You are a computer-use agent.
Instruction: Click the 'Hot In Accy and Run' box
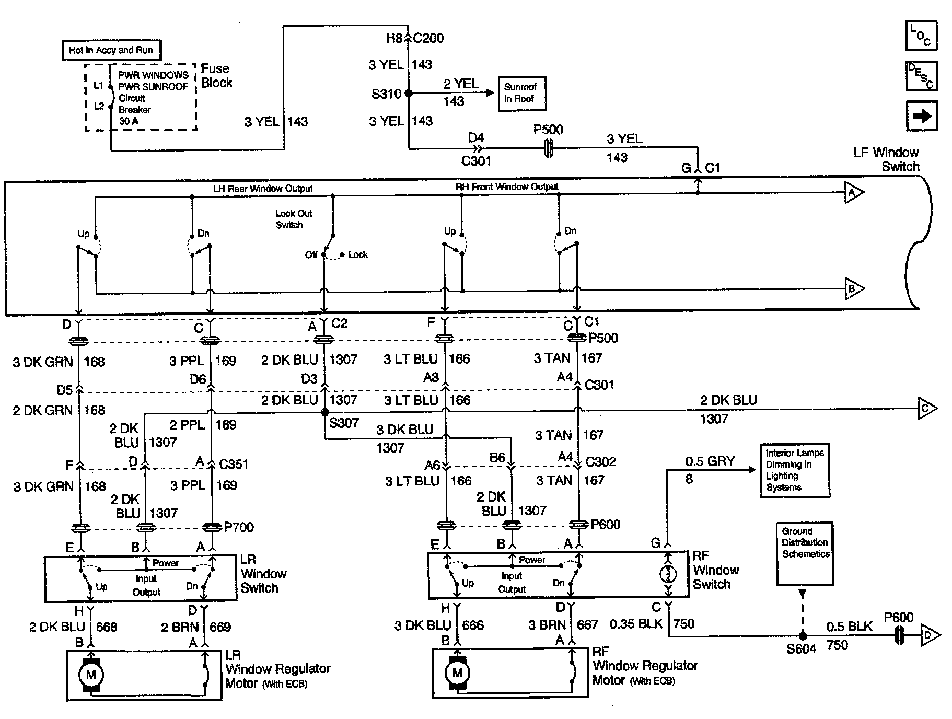tap(111, 50)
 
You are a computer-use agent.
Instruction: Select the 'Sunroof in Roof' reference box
tap(522, 93)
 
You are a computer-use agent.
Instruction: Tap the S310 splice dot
tap(409, 93)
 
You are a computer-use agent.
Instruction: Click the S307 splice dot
tap(325, 412)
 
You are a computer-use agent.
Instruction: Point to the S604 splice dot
tap(803, 636)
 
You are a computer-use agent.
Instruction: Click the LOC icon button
tap(921, 35)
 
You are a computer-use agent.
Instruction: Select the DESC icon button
tap(921, 76)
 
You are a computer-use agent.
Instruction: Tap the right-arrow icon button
tap(921, 115)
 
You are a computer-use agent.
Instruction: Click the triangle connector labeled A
tap(854, 193)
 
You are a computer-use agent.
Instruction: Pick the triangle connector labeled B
tap(854, 288)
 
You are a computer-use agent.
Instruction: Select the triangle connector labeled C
tap(927, 408)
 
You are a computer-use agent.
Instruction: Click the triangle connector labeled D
tap(930, 635)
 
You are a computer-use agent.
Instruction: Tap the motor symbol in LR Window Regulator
tap(91, 675)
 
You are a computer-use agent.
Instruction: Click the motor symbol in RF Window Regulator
tap(457, 672)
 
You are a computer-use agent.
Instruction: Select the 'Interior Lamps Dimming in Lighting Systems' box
tap(795, 471)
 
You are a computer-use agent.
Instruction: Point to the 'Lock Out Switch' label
tap(293, 219)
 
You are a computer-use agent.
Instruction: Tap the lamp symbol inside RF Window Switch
tap(668, 575)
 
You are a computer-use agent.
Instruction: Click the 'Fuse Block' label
tap(216, 76)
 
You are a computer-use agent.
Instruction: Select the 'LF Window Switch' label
tap(886, 159)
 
